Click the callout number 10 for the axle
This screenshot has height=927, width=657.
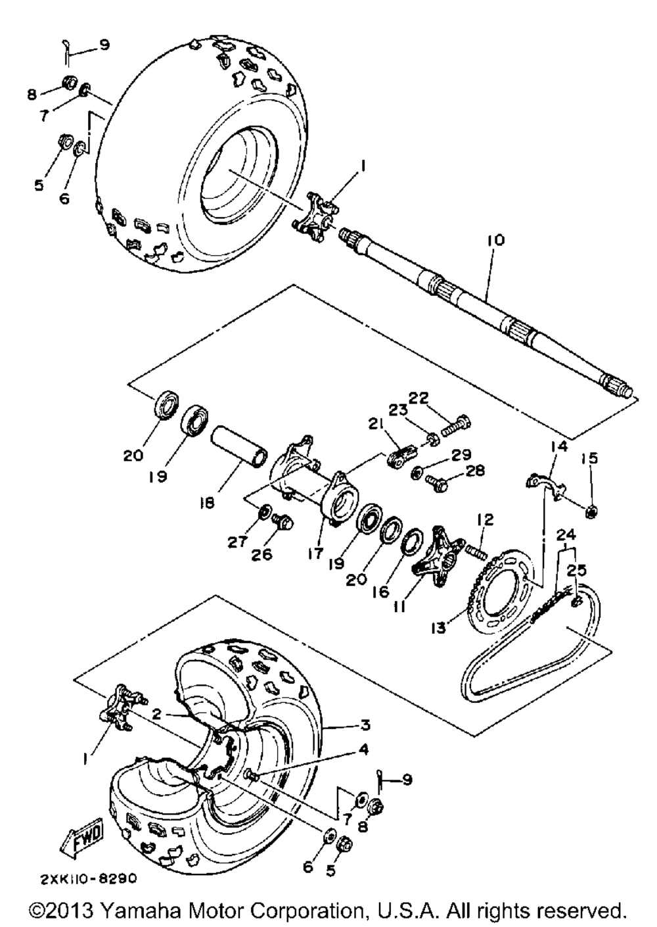pos(496,240)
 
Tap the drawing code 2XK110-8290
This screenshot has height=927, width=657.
pos(88,878)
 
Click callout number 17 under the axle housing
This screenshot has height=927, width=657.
pos(315,554)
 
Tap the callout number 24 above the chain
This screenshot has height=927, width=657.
pos(565,535)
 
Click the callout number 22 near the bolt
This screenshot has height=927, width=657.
pos(419,398)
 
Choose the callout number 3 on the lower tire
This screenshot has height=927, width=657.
pos(365,725)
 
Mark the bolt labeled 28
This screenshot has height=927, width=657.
pos(436,483)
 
